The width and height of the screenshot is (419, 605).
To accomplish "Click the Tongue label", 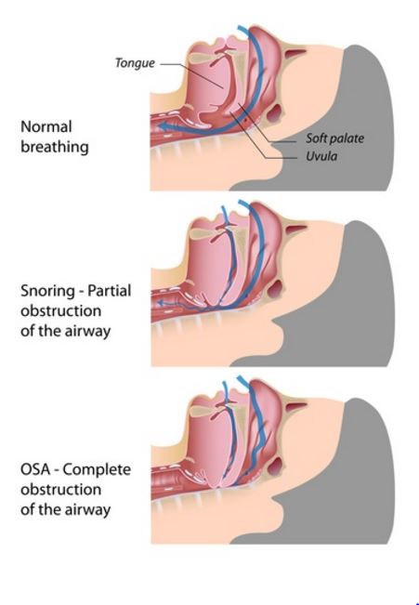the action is pos(135,63).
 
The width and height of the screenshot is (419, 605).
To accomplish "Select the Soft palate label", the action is pos(334,138).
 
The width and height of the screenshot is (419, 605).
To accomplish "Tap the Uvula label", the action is pos(321,156).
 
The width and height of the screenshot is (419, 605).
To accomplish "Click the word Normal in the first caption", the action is pos(46,126).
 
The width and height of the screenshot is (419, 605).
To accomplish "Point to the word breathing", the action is pos(55,147).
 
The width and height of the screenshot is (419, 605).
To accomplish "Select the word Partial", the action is pos(110,291).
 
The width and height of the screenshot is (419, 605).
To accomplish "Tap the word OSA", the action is pos(35,469).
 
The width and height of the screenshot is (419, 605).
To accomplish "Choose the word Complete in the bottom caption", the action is pos(97,470).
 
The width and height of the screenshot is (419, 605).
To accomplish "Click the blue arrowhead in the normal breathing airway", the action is pos(164,126).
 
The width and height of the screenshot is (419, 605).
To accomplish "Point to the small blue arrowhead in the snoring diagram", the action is pos(161,304).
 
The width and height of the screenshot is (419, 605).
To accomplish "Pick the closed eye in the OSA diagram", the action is pos(295,406).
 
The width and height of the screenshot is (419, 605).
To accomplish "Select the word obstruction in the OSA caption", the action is pos(61,490).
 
